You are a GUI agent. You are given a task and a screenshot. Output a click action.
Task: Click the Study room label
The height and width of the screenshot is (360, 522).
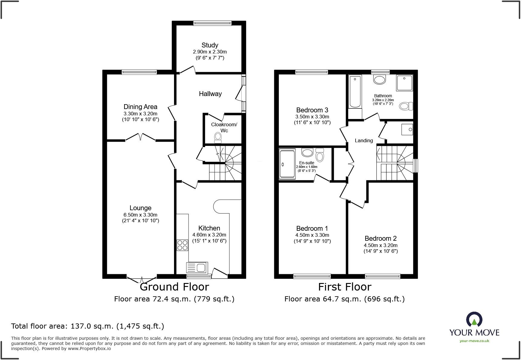pyautogui.click(x=210, y=45)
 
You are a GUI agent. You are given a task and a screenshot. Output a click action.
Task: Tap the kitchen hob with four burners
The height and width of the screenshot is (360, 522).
pyautogui.click(x=182, y=245)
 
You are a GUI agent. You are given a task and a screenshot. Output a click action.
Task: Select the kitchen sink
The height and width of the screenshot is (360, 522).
pyautogui.click(x=196, y=268)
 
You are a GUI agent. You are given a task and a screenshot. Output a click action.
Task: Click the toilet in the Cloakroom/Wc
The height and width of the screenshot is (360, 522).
pyautogui.click(x=218, y=138)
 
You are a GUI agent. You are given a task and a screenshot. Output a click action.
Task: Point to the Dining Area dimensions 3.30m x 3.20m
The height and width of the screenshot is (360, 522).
pyautogui.click(x=140, y=114)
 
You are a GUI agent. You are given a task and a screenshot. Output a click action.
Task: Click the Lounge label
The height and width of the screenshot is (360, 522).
pyautogui.click(x=140, y=208)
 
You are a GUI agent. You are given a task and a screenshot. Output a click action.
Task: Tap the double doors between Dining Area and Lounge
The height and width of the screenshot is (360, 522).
pyautogui.click(x=140, y=137)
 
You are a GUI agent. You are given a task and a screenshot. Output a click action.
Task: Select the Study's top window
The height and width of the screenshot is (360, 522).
pyautogui.click(x=212, y=23)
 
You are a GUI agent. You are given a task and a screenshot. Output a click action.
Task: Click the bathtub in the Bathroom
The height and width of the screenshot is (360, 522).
pyautogui.click(x=355, y=92)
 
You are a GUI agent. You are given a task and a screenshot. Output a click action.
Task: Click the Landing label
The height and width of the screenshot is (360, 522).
pyautogui.click(x=364, y=140)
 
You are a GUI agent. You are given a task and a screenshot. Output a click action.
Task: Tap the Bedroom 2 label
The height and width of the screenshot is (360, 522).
pyautogui.click(x=380, y=238)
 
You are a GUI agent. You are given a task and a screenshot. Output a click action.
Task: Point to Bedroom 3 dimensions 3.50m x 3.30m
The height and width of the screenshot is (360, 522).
pyautogui.click(x=312, y=117)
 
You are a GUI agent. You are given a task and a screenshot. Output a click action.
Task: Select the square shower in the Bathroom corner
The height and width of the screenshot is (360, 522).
pyautogui.click(x=404, y=83)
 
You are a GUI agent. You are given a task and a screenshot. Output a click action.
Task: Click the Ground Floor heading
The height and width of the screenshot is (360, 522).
pyautogui.click(x=174, y=287)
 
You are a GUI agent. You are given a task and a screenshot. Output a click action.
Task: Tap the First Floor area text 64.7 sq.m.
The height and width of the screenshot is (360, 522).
pyautogui.click(x=344, y=299)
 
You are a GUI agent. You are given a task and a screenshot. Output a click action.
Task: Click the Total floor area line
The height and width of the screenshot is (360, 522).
pyautogui.click(x=88, y=326)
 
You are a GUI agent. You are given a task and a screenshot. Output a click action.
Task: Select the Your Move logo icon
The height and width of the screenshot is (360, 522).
pyautogui.click(x=474, y=320)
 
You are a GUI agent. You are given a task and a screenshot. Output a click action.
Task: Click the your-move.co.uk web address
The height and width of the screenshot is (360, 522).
pyautogui.click(x=474, y=341)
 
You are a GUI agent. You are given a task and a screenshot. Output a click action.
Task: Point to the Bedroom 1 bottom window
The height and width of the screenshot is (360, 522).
pyautogui.click(x=312, y=276)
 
